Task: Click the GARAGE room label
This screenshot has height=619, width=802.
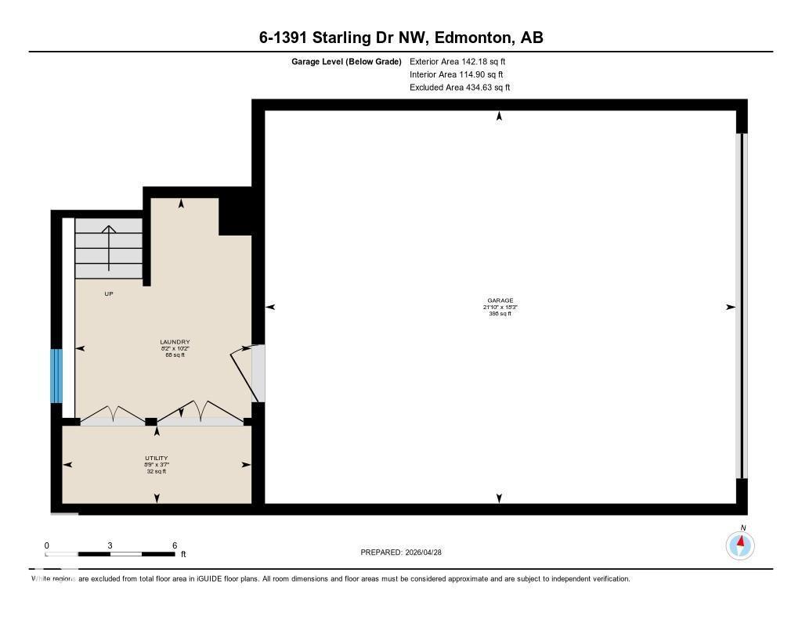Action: tap(500, 301)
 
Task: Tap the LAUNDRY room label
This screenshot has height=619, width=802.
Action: tap(175, 342)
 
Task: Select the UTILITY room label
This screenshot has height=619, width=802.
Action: tap(157, 459)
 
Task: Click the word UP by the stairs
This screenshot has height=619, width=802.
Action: tap(109, 294)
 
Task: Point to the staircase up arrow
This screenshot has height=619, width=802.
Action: tap(108, 230)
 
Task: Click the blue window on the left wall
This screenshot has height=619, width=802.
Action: tap(56, 376)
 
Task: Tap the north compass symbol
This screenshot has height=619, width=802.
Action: tap(740, 544)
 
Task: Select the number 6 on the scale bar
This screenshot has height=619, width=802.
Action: tap(175, 545)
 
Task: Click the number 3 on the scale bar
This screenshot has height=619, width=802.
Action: tap(110, 545)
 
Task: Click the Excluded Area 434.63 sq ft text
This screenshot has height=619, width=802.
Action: tap(460, 88)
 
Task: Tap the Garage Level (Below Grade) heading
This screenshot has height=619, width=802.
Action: tap(346, 61)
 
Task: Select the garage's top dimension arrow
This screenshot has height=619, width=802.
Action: tap(499, 117)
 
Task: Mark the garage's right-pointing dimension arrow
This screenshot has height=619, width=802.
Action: tap(730, 308)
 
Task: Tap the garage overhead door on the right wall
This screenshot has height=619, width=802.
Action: tap(741, 305)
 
